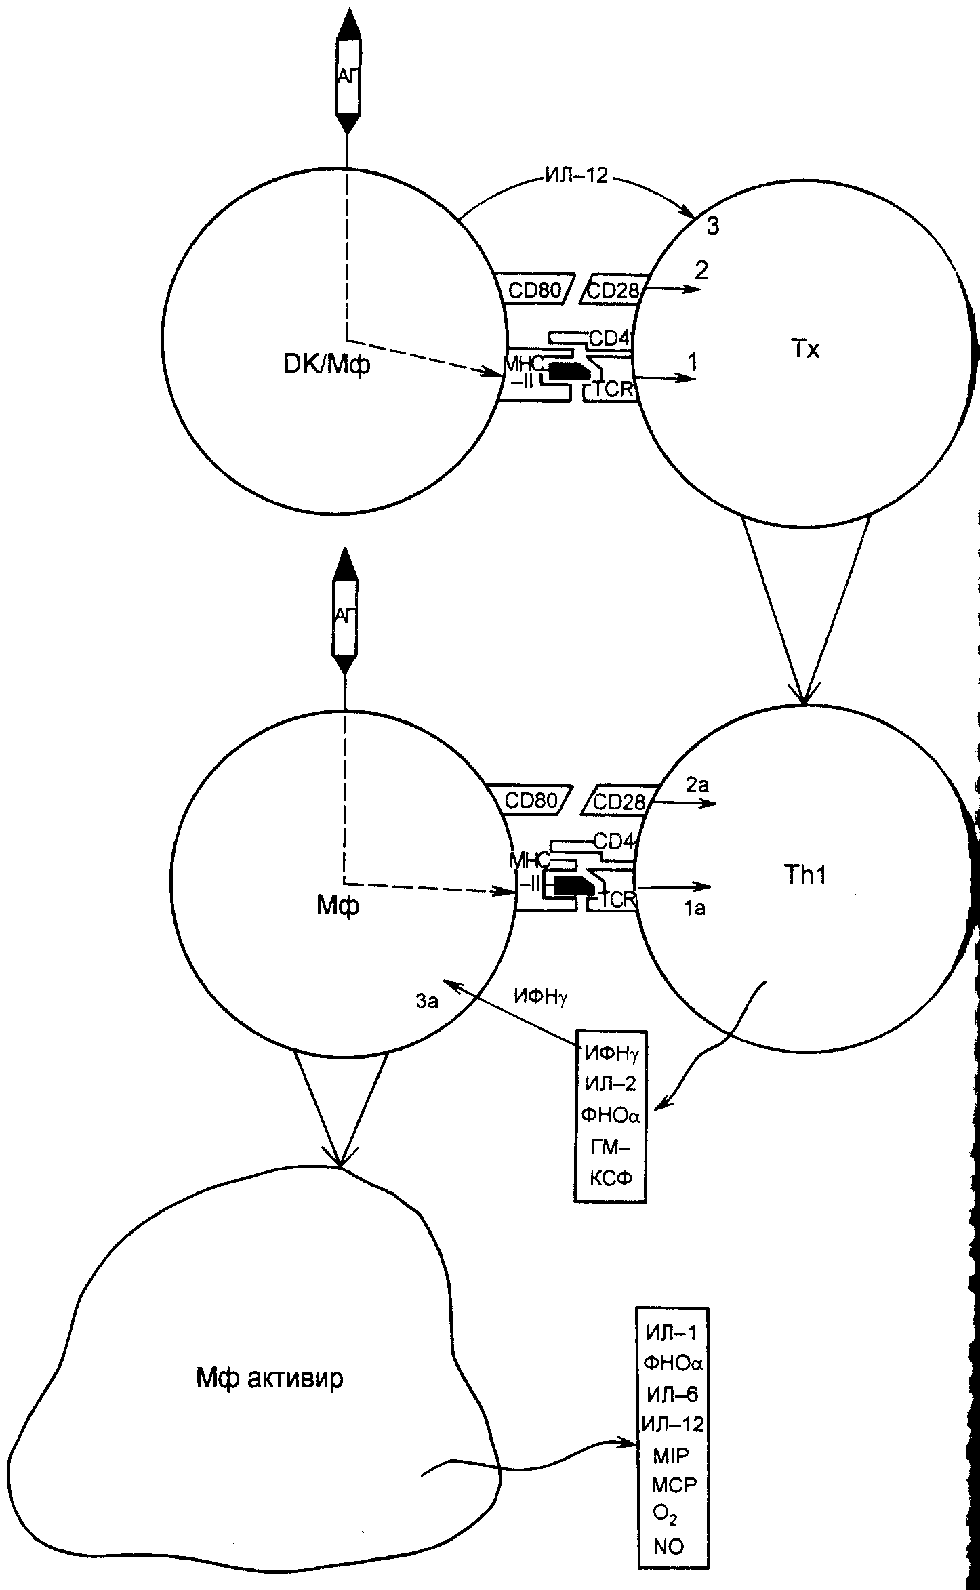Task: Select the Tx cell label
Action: [805, 350]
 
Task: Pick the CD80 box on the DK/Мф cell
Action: [535, 289]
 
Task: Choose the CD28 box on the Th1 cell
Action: [618, 802]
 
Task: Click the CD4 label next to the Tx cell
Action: [609, 338]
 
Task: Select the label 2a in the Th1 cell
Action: [697, 786]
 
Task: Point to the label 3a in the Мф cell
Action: [427, 1001]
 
